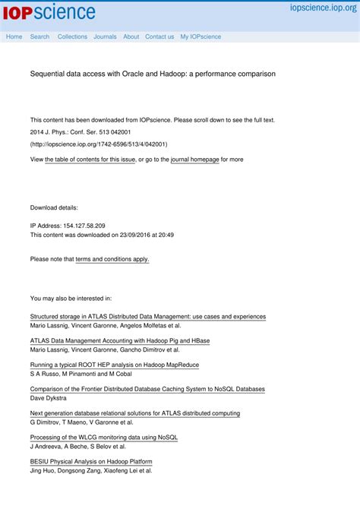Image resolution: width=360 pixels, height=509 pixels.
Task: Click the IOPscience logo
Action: pyautogui.click(x=49, y=12)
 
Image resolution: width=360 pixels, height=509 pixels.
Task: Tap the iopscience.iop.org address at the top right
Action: pyautogui.click(x=323, y=8)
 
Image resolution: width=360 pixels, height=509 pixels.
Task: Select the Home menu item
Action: pyautogui.click(x=14, y=36)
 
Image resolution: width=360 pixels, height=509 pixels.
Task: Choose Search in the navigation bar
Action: pyautogui.click(x=39, y=36)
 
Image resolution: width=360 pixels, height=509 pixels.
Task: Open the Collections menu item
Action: pyautogui.click(x=72, y=36)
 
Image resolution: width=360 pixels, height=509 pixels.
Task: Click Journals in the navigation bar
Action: pyautogui.click(x=105, y=36)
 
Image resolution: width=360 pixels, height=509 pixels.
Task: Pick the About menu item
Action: pyautogui.click(x=131, y=36)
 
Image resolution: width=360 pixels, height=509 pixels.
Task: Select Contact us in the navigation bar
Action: pyautogui.click(x=159, y=36)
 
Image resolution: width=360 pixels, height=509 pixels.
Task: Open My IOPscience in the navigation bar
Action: pyautogui.click(x=201, y=36)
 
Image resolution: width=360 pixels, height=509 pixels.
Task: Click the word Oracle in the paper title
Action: pyautogui.click(x=133, y=74)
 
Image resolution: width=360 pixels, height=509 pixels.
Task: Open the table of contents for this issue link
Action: pyautogui.click(x=90, y=160)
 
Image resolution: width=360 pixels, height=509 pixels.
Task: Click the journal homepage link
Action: pyautogui.click(x=194, y=160)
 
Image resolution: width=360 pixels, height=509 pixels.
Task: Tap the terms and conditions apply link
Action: pyautogui.click(x=112, y=259)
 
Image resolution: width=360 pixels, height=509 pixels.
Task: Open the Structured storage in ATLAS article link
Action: pyautogui.click(x=147, y=316)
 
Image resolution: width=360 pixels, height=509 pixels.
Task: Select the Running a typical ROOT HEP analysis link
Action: pyautogui.click(x=114, y=365)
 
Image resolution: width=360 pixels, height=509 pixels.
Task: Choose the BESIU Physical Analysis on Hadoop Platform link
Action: pyautogui.click(x=90, y=461)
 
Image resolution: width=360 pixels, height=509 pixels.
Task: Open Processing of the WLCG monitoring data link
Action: pyautogui.click(x=103, y=438)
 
